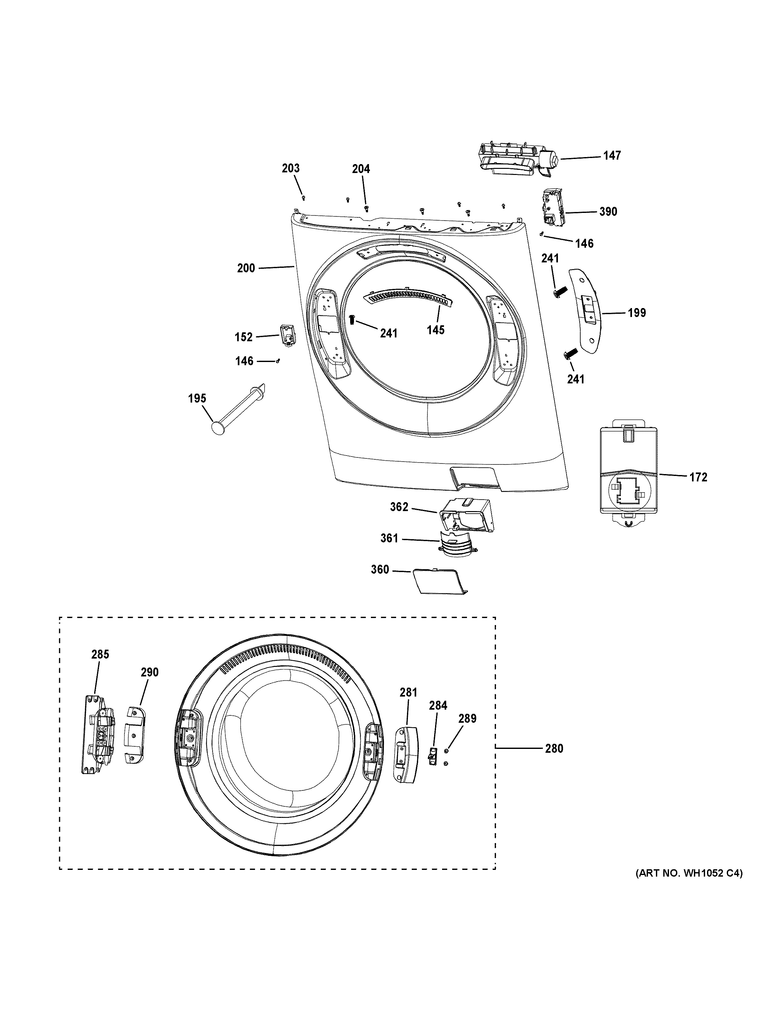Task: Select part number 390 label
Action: point(608,212)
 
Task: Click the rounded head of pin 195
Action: point(217,427)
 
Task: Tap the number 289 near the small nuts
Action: point(467,719)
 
